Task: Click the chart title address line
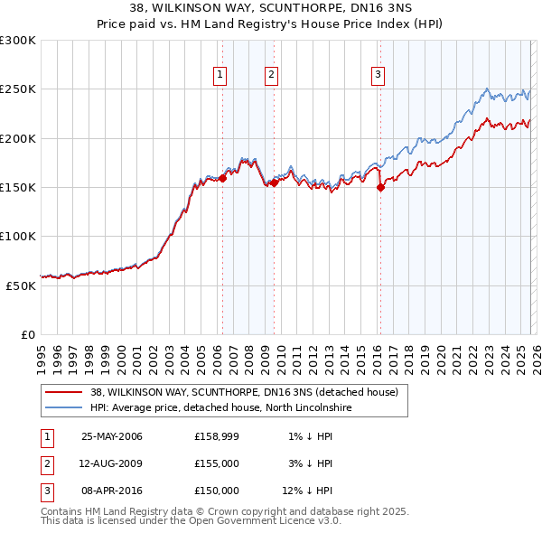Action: [270, 8]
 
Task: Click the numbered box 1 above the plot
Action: [220, 75]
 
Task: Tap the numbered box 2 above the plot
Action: [271, 75]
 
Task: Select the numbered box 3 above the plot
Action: [378, 75]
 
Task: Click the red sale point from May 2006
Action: [222, 179]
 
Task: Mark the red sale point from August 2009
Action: [274, 182]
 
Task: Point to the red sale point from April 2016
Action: [380, 188]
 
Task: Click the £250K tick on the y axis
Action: [18, 89]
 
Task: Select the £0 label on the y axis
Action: [28, 334]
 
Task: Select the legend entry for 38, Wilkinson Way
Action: [249, 392]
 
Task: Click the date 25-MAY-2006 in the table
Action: [111, 437]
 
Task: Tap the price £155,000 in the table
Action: [216, 463]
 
